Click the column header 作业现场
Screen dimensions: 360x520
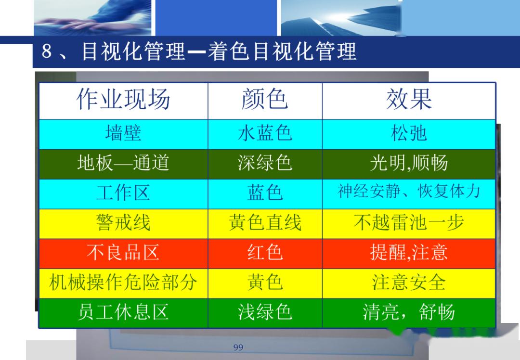coord(123,100)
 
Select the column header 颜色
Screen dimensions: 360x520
coord(265,100)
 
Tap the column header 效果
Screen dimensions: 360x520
coord(409,100)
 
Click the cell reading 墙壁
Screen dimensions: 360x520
coord(123,133)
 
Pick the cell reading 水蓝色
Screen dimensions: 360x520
coord(265,133)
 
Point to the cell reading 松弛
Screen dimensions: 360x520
coord(409,133)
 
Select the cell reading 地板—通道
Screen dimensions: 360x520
coord(123,163)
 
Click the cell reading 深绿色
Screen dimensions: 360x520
coord(265,163)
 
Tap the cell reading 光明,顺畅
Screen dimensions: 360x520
coord(409,164)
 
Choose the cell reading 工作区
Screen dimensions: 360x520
coord(123,193)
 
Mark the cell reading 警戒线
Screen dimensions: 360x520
coord(123,223)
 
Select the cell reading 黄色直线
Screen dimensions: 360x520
coord(265,223)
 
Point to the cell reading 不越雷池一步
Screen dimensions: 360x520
coord(409,223)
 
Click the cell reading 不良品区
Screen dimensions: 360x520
coord(123,253)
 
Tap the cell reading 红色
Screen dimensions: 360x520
coord(265,253)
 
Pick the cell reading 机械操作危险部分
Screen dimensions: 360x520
coord(123,283)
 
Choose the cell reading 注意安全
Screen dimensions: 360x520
coord(409,283)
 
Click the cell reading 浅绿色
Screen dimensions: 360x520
coord(265,312)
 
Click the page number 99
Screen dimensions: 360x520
coord(238,347)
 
